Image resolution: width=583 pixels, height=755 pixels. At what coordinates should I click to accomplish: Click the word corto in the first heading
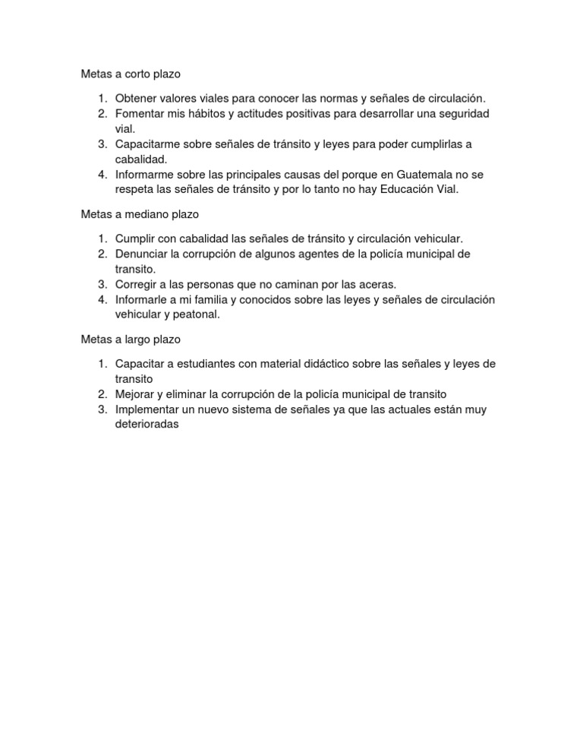point(134,74)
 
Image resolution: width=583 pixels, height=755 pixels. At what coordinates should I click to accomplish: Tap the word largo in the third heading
point(136,340)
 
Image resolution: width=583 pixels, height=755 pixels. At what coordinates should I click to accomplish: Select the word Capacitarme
point(147,144)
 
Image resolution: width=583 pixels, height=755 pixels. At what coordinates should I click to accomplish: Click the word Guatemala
point(430,175)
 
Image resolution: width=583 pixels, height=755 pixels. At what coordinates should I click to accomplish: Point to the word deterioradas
point(147,425)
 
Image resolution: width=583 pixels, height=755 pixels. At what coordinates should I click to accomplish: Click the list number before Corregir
point(102,284)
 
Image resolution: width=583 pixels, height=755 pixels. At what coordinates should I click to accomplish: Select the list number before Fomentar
point(102,114)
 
